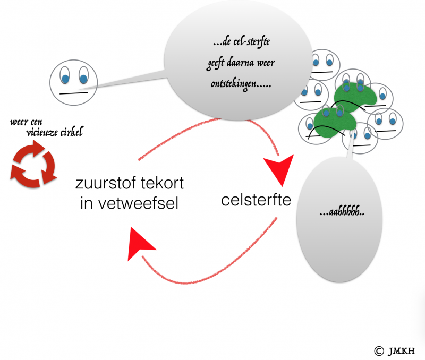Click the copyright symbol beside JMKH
point(378,350)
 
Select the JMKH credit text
point(401,350)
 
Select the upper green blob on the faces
point(353,96)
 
